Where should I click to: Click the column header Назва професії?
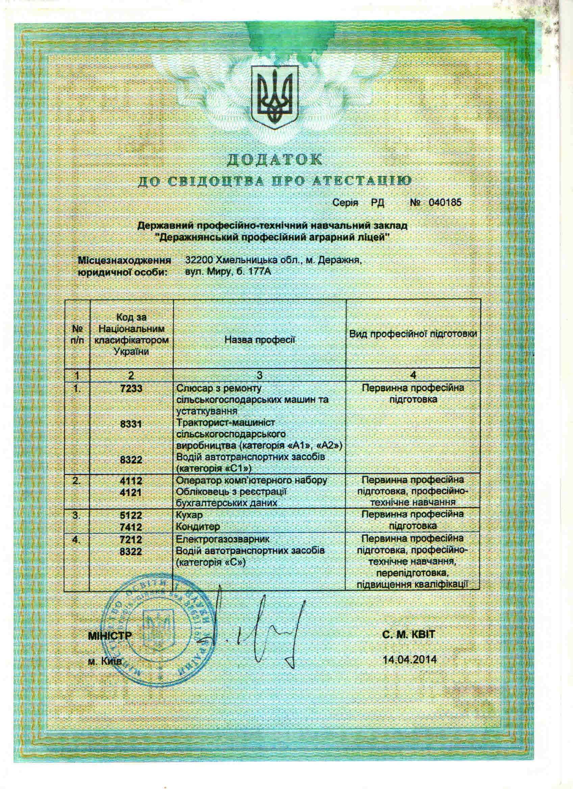259,339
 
